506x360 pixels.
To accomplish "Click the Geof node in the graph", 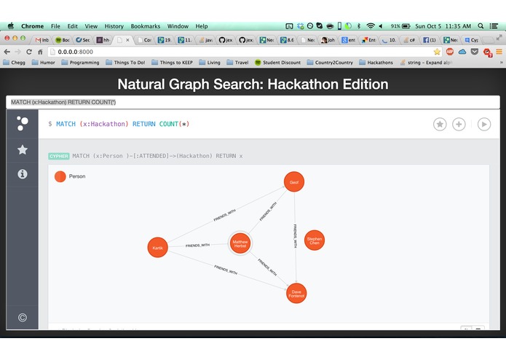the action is [x=293, y=182].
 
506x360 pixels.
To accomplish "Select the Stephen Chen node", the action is [x=314, y=240].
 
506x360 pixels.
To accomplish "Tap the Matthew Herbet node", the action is [x=240, y=243].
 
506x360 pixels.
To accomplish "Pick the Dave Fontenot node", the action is [x=296, y=294].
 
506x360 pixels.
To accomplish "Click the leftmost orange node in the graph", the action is [x=157, y=248].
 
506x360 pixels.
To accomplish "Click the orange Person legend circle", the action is [x=60, y=176].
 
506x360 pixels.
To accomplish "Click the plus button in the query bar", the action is [x=459, y=124].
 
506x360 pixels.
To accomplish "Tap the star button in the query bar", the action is [x=440, y=124].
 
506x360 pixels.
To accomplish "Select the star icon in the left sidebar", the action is [x=23, y=149].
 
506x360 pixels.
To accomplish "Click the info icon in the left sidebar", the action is [x=23, y=174].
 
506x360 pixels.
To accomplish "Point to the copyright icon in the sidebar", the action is [x=23, y=317].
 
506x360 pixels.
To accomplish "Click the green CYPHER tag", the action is [x=59, y=156].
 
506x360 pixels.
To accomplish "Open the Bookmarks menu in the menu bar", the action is [x=145, y=26].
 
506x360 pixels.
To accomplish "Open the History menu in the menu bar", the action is [x=114, y=26].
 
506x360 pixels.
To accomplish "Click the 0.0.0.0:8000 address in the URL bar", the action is [x=76, y=52].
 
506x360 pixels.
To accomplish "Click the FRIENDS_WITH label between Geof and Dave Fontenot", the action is [x=295, y=236].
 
